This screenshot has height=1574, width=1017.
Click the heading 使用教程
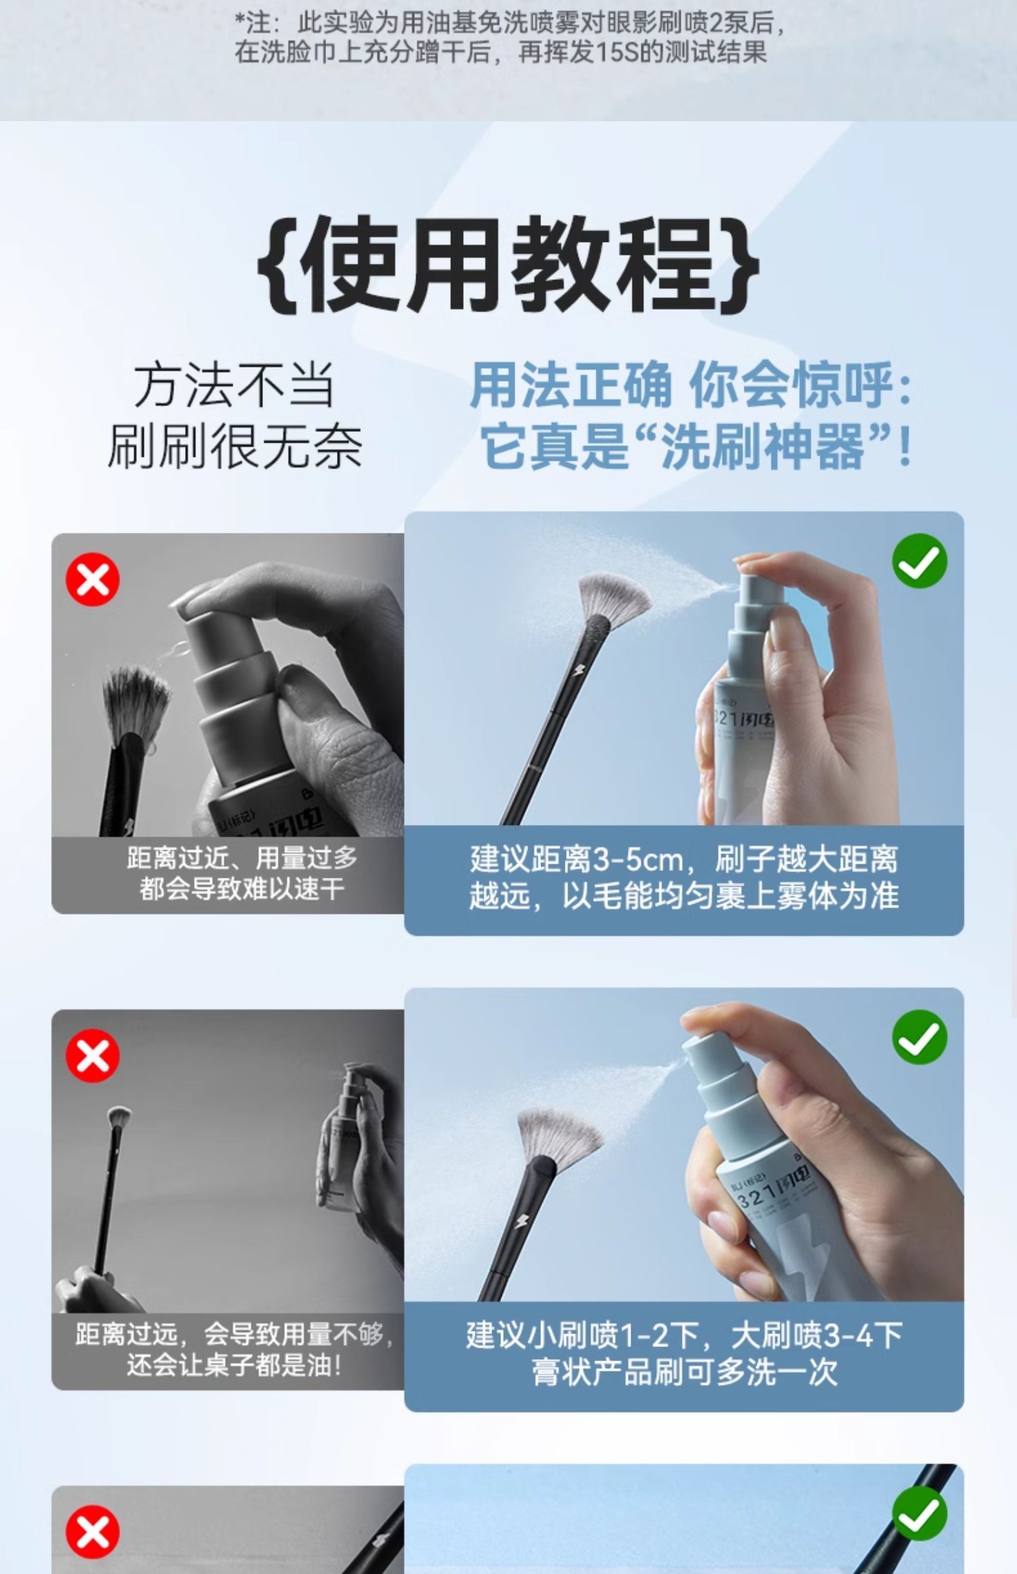[509, 264]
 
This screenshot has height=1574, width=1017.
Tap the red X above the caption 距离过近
[93, 580]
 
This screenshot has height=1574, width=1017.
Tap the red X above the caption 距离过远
[93, 1055]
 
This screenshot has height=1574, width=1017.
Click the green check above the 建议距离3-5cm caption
[919, 561]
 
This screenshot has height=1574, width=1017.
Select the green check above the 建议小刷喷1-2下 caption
[919, 1037]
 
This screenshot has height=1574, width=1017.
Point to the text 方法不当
[235, 385]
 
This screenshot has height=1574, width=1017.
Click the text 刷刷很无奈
[235, 446]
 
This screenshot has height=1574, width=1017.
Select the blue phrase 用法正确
[571, 385]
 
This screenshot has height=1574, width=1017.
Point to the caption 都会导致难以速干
[242, 889]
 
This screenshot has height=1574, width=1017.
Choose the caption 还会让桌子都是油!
[233, 1365]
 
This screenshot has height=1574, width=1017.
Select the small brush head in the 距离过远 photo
[119, 1115]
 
